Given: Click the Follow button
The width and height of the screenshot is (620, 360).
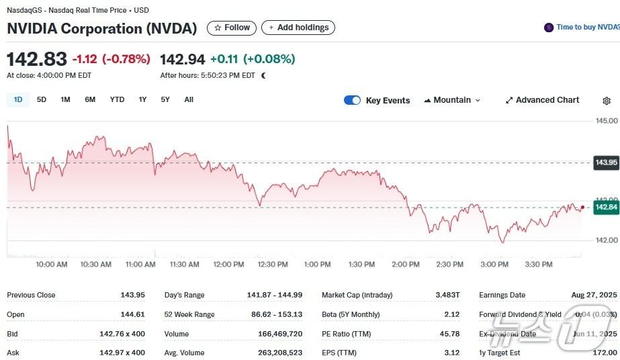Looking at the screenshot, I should [x=232, y=28].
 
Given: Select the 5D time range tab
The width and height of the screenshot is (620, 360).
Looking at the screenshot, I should [x=42, y=100].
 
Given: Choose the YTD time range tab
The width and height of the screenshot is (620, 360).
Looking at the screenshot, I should [x=117, y=100].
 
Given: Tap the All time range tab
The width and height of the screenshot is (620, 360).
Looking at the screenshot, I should [x=189, y=100].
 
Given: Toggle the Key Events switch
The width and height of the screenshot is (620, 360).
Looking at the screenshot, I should [x=352, y=100].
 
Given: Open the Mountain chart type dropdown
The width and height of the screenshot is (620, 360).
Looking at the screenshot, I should [x=452, y=100].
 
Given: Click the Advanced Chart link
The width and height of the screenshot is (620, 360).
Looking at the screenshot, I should [x=542, y=100].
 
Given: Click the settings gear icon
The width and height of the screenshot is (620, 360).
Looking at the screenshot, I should [x=607, y=101].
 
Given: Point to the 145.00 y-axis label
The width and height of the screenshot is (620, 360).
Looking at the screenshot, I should [x=607, y=121].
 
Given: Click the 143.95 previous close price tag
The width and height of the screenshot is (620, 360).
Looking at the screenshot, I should [x=606, y=163].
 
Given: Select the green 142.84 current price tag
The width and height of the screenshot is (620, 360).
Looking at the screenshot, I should [x=606, y=207].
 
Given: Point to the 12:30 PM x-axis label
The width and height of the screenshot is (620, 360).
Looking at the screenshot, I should [x=273, y=265].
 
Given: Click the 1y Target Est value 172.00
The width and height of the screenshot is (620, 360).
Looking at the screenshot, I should [x=603, y=353].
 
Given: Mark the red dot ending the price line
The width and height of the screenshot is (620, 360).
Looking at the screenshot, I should [x=582, y=208].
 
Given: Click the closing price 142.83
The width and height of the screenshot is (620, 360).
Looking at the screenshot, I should [x=37, y=59].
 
